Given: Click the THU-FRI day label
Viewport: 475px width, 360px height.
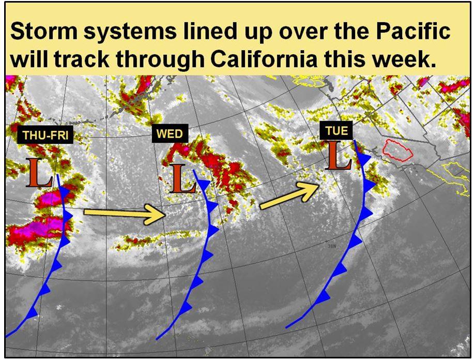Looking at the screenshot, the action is click(x=45, y=135).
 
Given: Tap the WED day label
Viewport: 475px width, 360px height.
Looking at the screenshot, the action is click(x=170, y=133).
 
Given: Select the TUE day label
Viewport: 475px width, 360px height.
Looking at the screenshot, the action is click(x=336, y=131).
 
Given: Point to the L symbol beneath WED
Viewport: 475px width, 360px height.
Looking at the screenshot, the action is click(x=182, y=178).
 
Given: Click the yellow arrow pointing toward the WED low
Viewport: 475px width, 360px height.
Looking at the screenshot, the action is click(x=124, y=214).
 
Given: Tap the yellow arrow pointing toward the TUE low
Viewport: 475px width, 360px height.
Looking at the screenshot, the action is click(x=290, y=196).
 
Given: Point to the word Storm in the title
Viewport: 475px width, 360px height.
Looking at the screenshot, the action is click(x=44, y=31).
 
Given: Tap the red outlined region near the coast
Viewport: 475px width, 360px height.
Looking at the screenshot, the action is click(x=397, y=149).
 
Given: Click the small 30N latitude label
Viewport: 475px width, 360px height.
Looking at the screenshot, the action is click(x=332, y=246).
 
